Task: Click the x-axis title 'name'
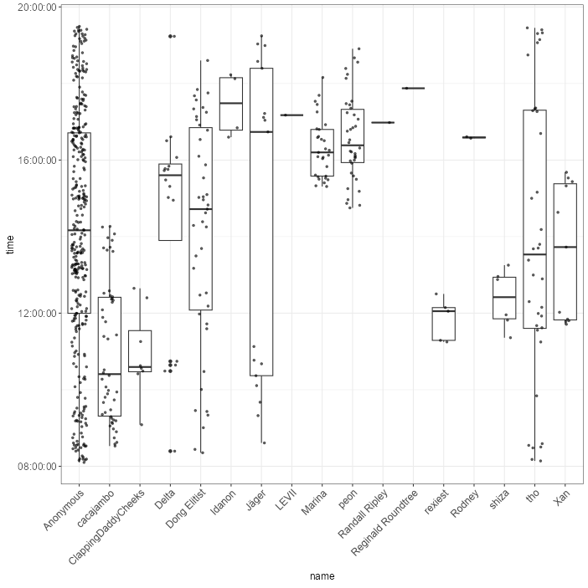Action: tap(322, 575)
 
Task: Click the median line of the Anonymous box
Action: tap(80, 229)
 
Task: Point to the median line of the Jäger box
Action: tap(261, 132)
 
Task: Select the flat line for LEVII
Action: tap(291, 115)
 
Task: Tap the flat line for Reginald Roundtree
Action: tap(413, 88)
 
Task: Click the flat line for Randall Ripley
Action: tap(383, 122)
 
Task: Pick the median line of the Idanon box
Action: tap(231, 103)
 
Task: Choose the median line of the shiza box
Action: tap(504, 297)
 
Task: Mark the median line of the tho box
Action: tap(534, 254)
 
